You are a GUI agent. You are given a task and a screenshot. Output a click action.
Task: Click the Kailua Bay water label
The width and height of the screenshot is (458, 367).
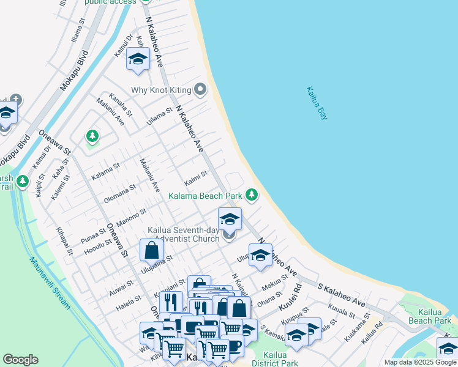tap(317, 103)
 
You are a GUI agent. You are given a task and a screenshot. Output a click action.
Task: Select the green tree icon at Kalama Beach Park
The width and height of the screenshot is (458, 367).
tap(251, 195)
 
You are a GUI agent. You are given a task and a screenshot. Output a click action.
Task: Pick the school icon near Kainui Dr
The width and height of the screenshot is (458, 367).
tap(138, 59)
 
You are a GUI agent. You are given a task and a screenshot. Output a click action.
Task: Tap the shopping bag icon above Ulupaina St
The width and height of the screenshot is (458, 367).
tap(151, 250)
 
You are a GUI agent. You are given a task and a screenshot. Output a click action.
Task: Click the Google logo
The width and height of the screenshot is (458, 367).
tap(20, 360)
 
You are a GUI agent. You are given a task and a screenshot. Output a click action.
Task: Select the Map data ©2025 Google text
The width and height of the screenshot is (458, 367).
tap(420, 362)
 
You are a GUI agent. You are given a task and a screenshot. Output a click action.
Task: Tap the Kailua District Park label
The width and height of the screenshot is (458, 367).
tap(280, 359)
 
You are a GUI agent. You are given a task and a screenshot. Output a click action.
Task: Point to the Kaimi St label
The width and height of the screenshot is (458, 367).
tap(197, 179)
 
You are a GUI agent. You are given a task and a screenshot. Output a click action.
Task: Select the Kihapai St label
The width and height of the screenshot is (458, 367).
tap(64, 241)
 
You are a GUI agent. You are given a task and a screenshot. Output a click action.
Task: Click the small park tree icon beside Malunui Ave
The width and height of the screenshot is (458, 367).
tap(92, 135)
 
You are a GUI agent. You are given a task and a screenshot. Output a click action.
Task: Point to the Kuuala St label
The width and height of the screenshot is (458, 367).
tap(341, 312)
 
